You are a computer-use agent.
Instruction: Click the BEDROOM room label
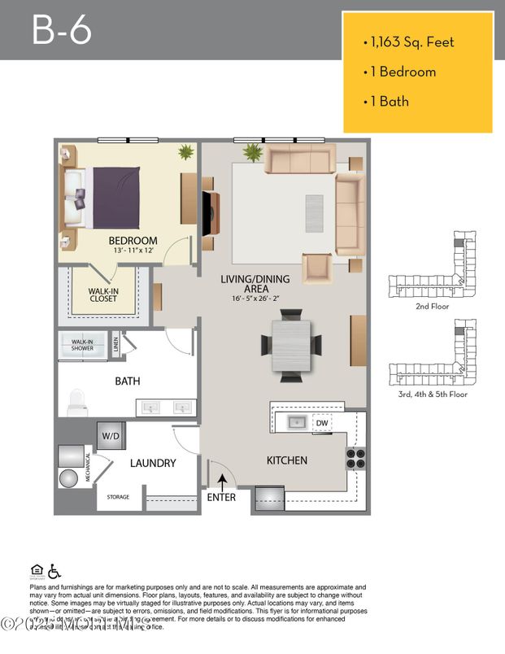tap(133, 241)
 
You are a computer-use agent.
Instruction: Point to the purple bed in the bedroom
tap(114, 198)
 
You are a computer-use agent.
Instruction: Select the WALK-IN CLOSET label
tap(103, 294)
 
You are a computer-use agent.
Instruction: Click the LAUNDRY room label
tap(153, 463)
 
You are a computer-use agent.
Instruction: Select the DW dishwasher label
tap(322, 423)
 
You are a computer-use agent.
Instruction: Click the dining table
tap(290, 346)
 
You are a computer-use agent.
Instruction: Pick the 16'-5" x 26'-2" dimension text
tap(255, 298)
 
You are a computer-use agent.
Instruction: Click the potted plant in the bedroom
tap(187, 152)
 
